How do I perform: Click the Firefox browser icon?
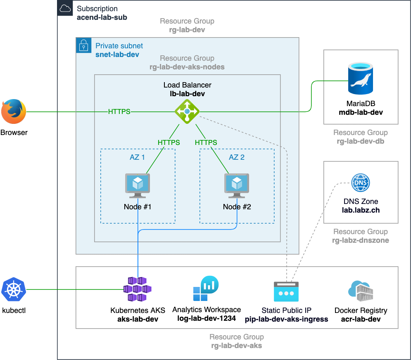coord(13,111)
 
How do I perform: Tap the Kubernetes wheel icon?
coord(14,289)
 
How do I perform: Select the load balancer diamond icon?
coord(187,111)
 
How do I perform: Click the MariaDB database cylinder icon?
coord(361,78)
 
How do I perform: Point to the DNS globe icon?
coord(361,182)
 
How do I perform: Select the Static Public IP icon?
coord(286,291)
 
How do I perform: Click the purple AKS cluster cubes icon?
coord(138,289)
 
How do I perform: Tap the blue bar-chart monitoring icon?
coord(206,288)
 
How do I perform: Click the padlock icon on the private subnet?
coord(83,45)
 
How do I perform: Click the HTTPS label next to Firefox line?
coord(119,111)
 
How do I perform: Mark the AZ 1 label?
coord(138,157)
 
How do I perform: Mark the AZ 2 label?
coord(237,157)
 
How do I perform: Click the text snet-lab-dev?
coord(117,54)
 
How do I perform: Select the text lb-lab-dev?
coord(187,94)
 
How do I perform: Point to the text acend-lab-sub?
coord(102,17)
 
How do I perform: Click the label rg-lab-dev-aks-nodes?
coord(187,67)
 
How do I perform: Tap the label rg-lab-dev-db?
coord(361,141)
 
